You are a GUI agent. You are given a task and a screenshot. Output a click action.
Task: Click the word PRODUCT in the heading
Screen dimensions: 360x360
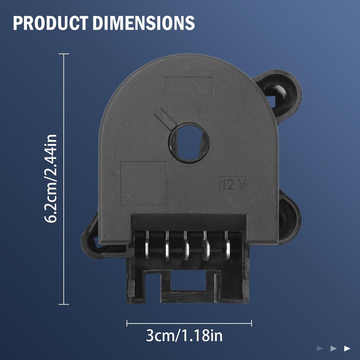(51, 23)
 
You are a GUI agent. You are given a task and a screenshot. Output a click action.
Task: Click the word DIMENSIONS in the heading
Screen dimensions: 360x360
(144, 23)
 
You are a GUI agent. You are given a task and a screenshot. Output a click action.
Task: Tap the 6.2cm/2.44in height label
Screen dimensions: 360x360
(50, 179)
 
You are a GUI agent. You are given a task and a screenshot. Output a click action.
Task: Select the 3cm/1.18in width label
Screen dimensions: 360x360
(184, 336)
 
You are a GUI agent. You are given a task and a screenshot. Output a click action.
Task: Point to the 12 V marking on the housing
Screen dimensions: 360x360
(233, 184)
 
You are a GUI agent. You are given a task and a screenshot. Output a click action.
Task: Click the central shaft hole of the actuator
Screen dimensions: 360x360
(189, 143)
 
